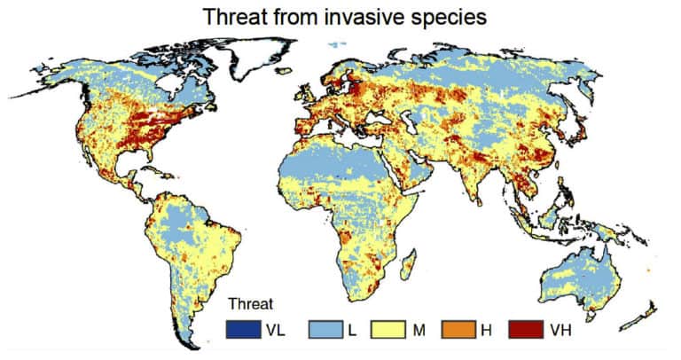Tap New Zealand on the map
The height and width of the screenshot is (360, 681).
point(646,311)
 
